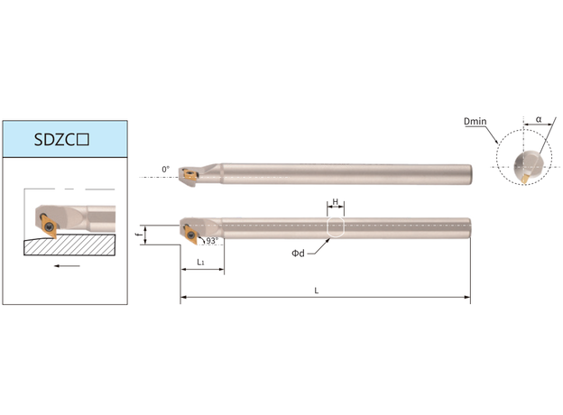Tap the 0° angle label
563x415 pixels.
[x=165, y=170]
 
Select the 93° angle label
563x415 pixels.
[x=212, y=241]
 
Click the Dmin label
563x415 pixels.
[x=475, y=121]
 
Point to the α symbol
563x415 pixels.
[x=539, y=119]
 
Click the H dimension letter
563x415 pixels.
[x=336, y=202]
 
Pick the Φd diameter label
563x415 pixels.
[x=298, y=254]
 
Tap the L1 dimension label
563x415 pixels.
[x=200, y=262]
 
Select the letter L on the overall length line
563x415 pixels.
[x=317, y=290]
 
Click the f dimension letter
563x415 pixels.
[x=140, y=235]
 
